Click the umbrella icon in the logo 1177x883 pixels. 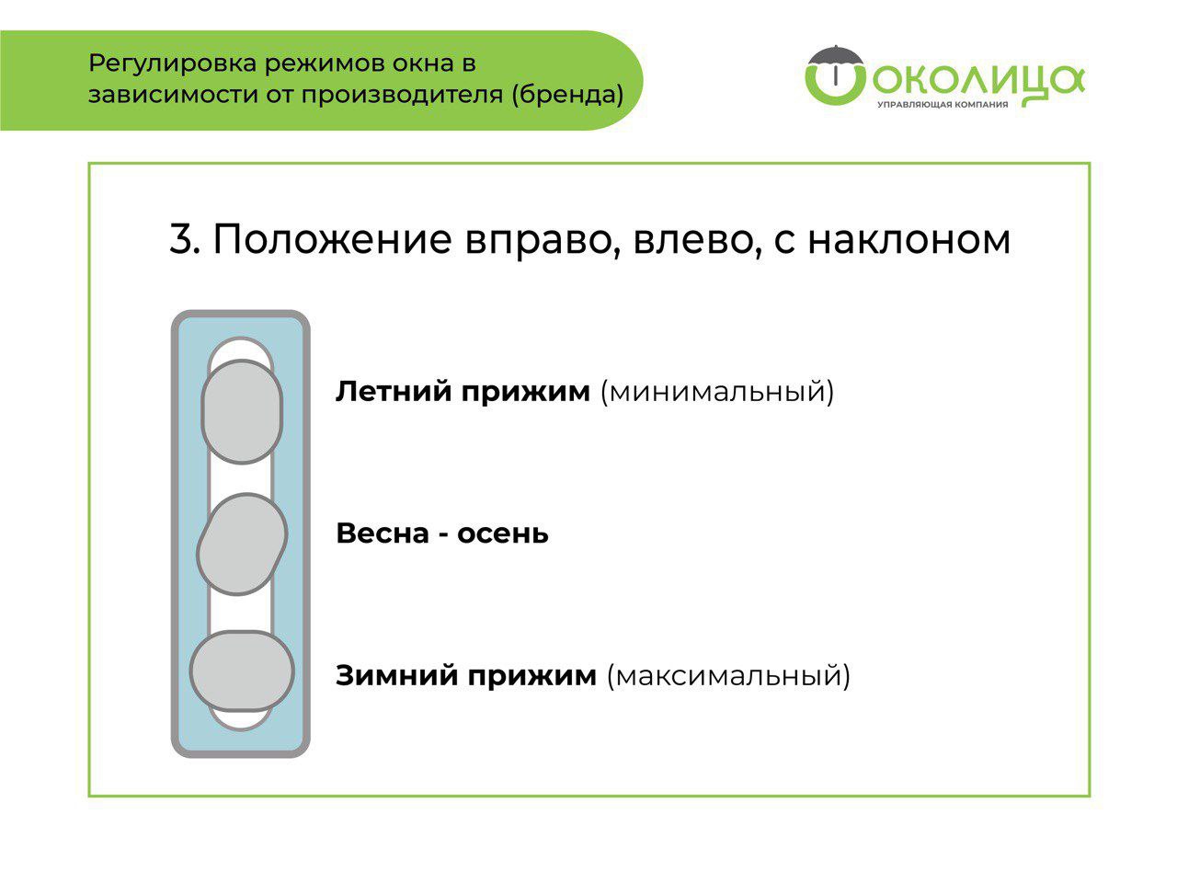click(835, 64)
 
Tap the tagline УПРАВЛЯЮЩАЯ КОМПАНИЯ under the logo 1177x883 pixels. click(943, 105)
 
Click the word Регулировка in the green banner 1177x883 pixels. click(172, 64)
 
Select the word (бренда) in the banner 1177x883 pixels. click(568, 95)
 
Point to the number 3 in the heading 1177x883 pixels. click(184, 239)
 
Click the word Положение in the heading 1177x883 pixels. click(333, 239)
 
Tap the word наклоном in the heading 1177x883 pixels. click(908, 239)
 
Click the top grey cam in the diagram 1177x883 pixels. click(242, 411)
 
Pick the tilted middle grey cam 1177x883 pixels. click(242, 545)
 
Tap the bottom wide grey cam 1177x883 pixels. click(242, 671)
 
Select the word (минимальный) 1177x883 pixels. click(717, 392)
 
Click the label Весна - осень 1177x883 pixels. click(442, 533)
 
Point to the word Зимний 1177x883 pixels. click(397, 675)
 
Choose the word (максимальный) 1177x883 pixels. click(728, 676)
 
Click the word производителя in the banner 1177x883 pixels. click(402, 96)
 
